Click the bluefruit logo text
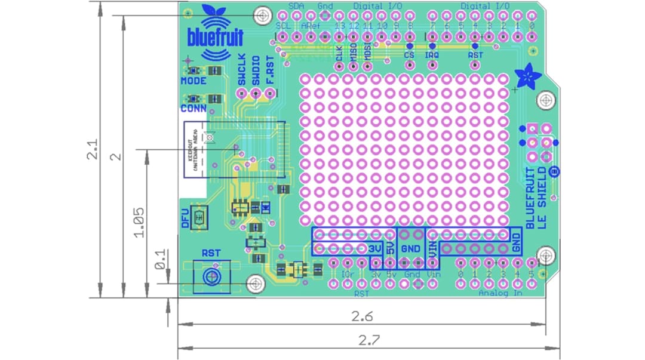click(215, 37)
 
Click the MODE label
click(193, 81)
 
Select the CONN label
click(193, 108)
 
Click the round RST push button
click(210, 276)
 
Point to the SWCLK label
click(241, 70)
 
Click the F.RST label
click(269, 70)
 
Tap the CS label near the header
click(409, 55)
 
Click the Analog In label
click(500, 293)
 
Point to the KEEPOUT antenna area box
click(194, 149)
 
